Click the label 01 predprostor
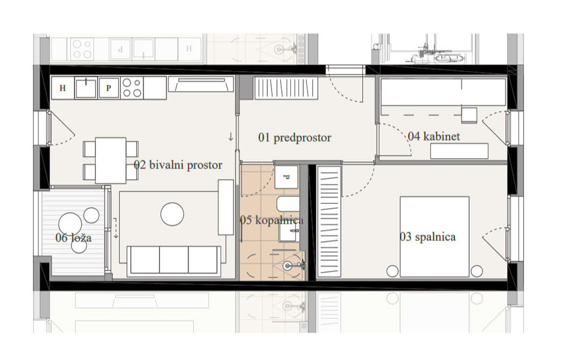294,138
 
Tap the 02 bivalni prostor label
178,165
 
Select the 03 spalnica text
427,237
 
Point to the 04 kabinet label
434,136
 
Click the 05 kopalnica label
271,220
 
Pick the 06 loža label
73,238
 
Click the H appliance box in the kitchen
63,88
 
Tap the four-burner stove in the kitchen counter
132,88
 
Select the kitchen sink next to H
85,88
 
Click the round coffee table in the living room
172,214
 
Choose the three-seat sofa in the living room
174,261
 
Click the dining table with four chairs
110,160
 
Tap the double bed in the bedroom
435,237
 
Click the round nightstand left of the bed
393,271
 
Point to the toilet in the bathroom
287,204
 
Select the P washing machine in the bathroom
286,177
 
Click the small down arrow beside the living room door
231,137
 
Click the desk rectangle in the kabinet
459,151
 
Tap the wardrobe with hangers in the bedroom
329,221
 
